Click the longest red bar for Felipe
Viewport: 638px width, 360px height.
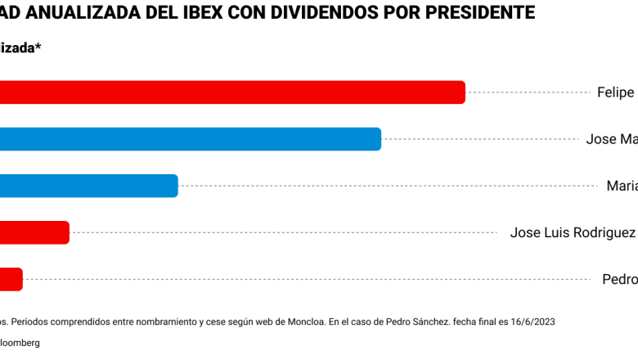(232, 92)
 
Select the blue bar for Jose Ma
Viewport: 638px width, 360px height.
(191, 139)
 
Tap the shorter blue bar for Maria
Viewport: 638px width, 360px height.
(88, 186)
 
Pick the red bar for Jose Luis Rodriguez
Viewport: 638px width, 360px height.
(34, 232)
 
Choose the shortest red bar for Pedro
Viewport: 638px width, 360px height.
(11, 279)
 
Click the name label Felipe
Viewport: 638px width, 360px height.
(616, 92)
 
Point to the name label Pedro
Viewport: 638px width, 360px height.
(619, 279)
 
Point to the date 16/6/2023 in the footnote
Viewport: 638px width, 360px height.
(532, 322)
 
